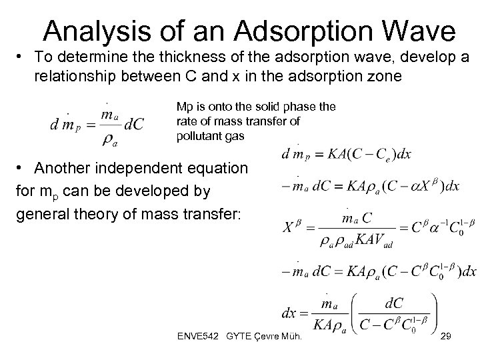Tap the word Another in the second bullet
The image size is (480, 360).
[x=58, y=167]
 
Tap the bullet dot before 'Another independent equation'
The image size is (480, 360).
[x=21, y=167]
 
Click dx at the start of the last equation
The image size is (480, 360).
[x=291, y=313]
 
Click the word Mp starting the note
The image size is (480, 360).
[x=184, y=106]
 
